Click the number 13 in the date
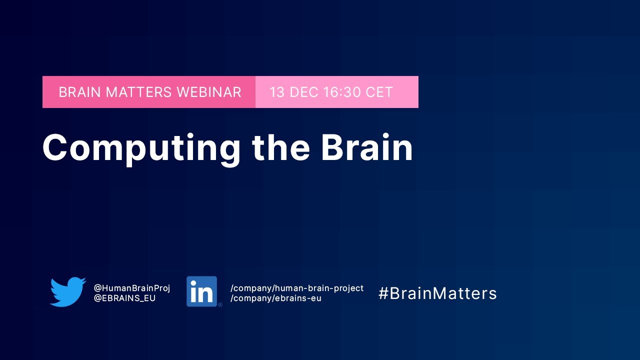tap(277, 92)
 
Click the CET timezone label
tap(379, 92)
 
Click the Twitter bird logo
tap(68, 291)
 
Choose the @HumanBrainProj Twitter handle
tap(132, 288)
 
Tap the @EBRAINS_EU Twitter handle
tap(124, 298)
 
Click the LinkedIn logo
tap(202, 291)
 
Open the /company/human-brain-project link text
tap(297, 288)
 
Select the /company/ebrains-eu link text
tap(275, 298)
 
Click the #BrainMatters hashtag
tap(437, 293)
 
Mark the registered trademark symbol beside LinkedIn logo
tap(220, 304)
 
